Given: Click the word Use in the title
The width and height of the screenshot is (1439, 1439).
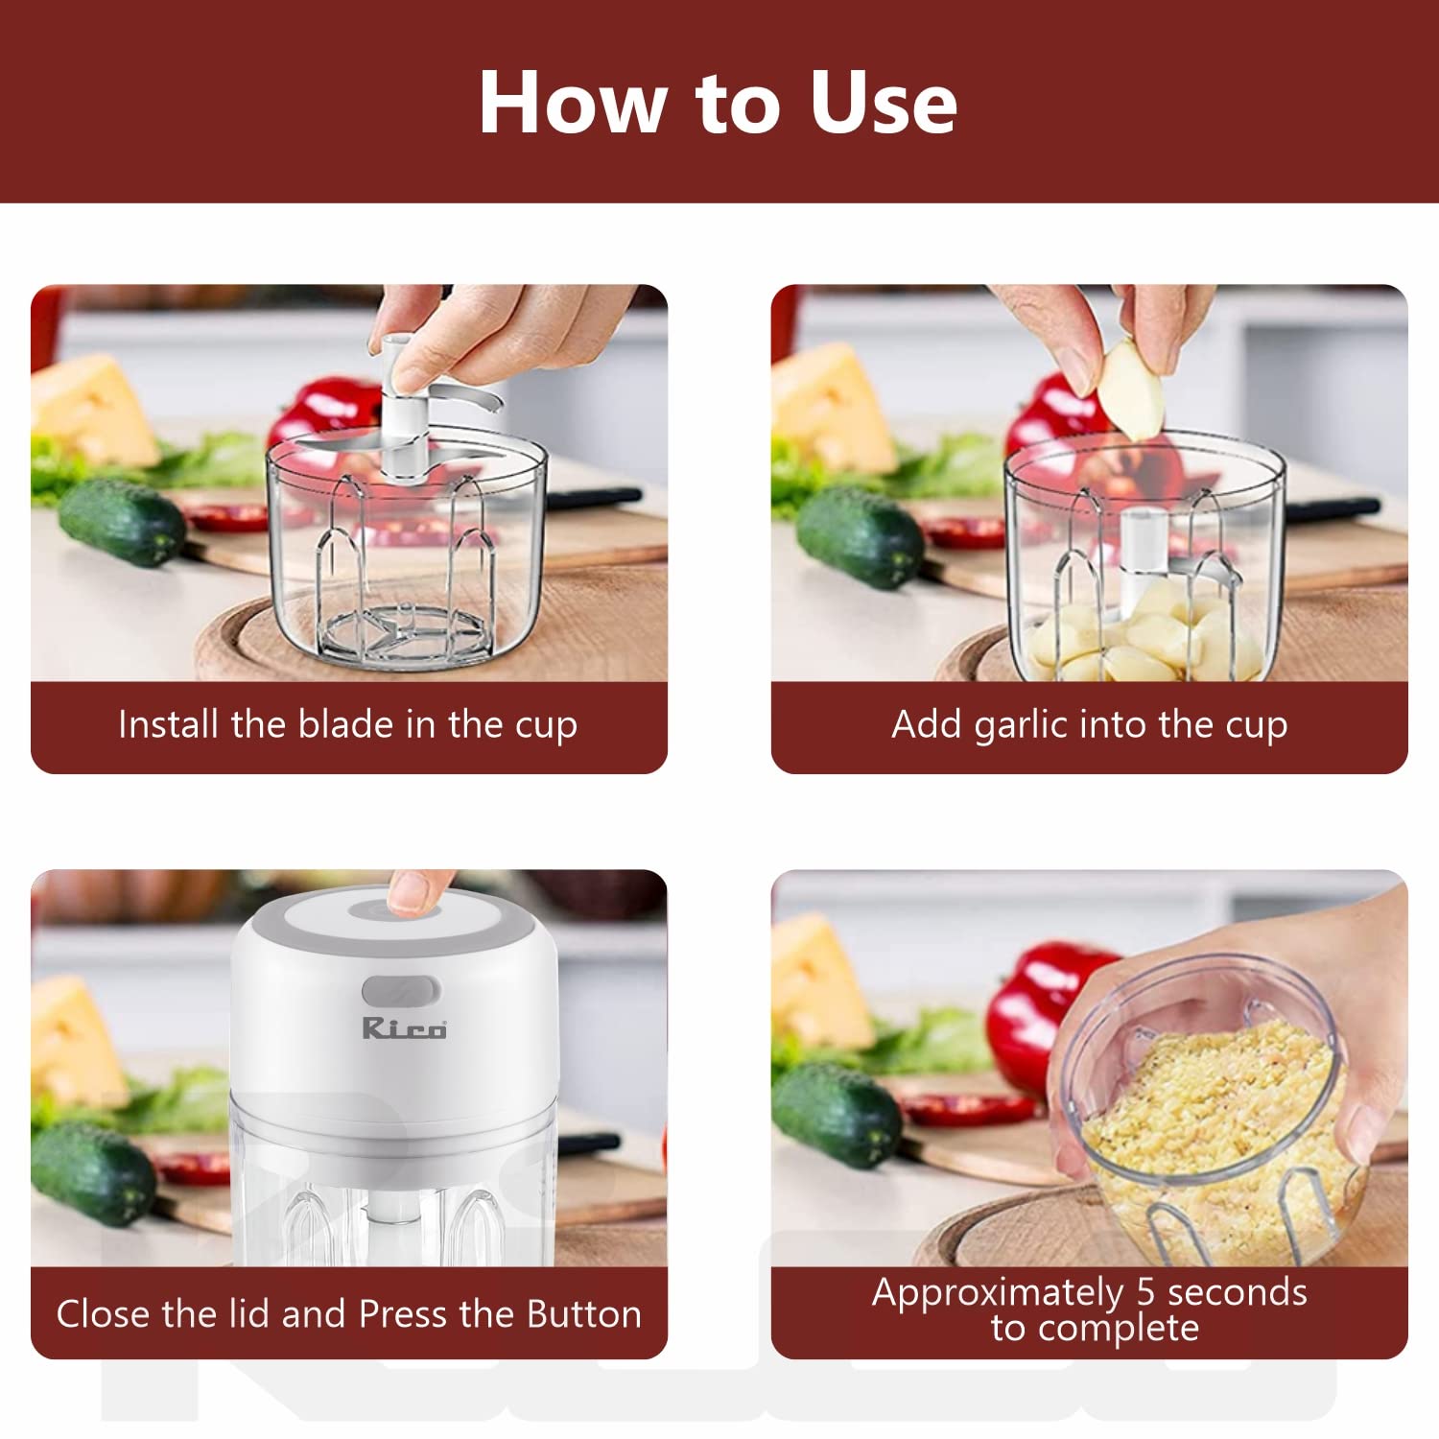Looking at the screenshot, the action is [884, 103].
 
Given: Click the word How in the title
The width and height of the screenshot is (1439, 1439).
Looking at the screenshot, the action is [572, 103].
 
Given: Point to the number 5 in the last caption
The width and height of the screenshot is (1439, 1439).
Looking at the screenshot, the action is [1145, 1292].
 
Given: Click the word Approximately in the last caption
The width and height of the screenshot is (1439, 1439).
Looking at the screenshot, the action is [998, 1295].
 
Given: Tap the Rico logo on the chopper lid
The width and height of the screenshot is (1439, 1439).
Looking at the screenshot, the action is [404, 1028].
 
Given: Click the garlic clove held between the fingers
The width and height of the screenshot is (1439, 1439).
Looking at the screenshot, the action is [1131, 388].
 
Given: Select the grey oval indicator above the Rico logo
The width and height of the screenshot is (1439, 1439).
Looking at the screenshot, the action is [401, 992].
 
